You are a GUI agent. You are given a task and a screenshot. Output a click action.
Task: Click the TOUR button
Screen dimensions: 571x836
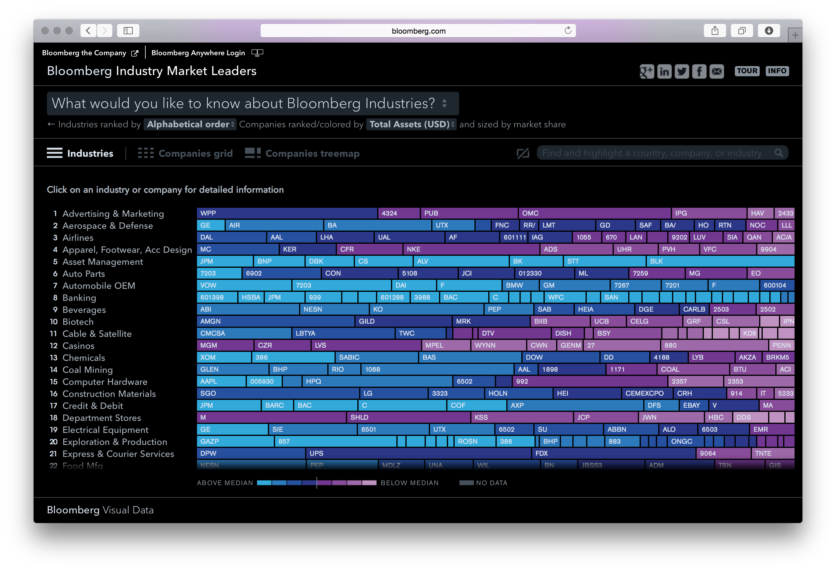[x=747, y=71]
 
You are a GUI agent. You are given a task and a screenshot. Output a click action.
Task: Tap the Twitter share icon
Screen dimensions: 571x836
[x=681, y=71]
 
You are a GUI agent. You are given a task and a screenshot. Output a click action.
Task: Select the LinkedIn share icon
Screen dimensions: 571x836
[x=664, y=71]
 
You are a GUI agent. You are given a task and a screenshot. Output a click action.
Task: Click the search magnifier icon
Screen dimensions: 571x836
[x=778, y=153]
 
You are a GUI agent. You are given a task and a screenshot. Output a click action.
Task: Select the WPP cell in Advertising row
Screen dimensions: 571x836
[x=287, y=213]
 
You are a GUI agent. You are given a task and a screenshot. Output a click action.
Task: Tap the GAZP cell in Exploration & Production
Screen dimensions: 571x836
[x=235, y=441]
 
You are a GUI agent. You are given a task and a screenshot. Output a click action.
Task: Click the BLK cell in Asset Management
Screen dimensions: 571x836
[x=719, y=261]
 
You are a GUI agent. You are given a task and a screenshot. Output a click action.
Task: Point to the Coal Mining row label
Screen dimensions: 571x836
[x=87, y=370]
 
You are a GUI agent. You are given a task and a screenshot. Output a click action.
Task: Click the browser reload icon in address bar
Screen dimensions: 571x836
[x=568, y=31]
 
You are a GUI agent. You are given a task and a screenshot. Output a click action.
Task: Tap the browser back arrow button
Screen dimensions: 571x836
[x=88, y=31]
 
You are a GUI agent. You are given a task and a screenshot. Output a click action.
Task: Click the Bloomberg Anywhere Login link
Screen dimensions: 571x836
[x=198, y=53]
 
